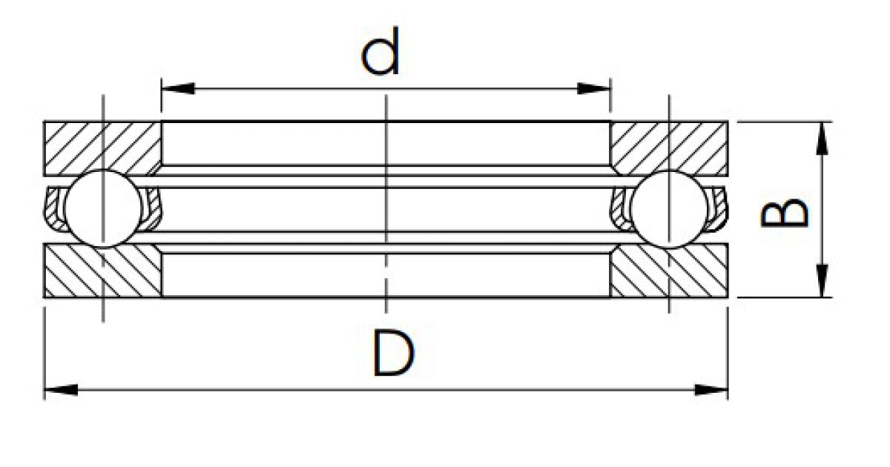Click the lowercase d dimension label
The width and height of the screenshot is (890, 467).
point(380,51)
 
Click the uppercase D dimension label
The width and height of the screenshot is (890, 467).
point(393,354)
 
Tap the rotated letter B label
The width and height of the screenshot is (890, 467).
point(784,213)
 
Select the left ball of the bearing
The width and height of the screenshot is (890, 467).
point(103,208)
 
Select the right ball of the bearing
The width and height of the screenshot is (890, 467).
point(670,209)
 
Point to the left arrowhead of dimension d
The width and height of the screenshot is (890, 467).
point(178,88)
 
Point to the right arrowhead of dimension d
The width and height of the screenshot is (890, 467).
point(593,88)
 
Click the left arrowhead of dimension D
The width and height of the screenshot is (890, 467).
point(61,390)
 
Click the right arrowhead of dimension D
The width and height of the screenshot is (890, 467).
point(711,390)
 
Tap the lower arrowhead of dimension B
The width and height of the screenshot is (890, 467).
point(822,280)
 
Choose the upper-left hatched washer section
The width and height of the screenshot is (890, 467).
point(102,148)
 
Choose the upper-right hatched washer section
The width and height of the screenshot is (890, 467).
point(669,148)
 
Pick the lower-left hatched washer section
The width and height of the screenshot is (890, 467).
point(102,271)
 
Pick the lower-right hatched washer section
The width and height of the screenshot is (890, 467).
point(669,271)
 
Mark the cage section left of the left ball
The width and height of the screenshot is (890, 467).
point(53,208)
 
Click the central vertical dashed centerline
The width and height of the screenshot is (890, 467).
point(386,204)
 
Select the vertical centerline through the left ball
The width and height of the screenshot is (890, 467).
point(103,208)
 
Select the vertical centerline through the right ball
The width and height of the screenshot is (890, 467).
point(670,204)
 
